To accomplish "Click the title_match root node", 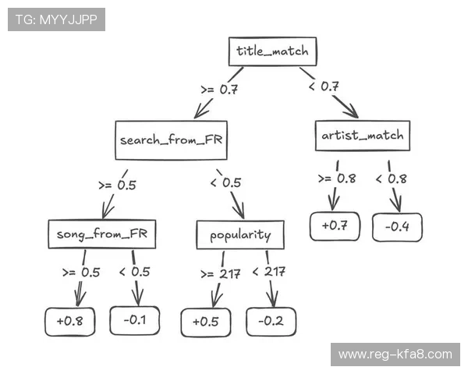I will coord(272,52).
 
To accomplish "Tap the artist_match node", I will coord(363,136).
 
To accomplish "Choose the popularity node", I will coord(239,235).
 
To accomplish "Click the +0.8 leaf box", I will coord(69,320).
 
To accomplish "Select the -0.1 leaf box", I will coord(135,319).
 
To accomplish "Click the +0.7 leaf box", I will coord(334,226).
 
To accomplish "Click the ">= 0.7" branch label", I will coord(218,90).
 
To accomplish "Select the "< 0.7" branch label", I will coord(323,86).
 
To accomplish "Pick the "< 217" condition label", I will coord(268,271).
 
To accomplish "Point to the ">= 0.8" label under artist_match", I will coord(336,178).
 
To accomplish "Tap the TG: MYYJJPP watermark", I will coord(56,19).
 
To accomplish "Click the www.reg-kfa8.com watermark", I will coord(395,355).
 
